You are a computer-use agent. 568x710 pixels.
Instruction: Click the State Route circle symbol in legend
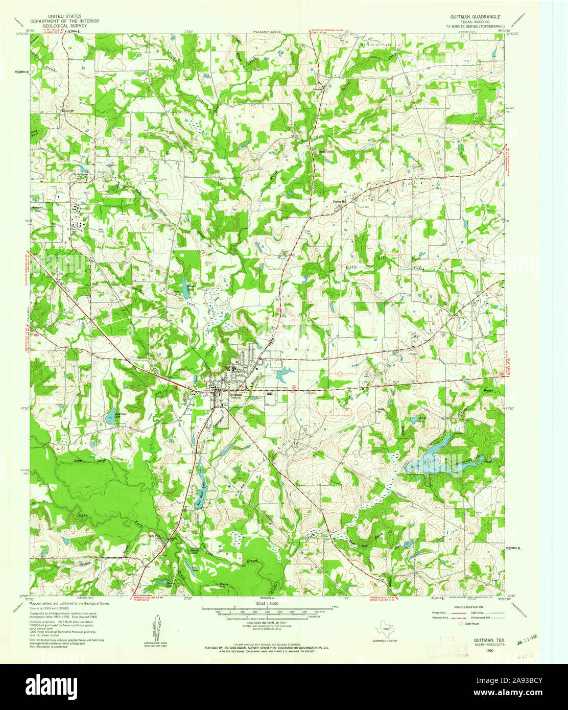click(461, 624)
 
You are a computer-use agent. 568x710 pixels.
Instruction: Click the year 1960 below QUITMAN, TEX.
click(490, 651)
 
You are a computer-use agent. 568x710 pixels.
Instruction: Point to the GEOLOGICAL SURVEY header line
click(64, 25)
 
